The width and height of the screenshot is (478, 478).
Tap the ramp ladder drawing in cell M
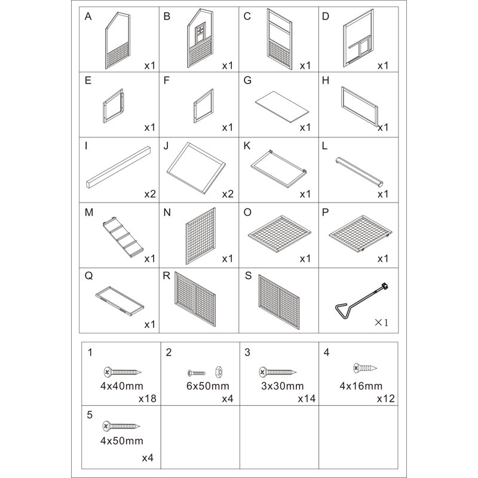[123, 237]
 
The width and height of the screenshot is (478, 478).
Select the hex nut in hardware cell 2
[219, 372]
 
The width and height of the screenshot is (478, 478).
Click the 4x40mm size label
[122, 386]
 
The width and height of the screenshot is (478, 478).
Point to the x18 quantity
[147, 399]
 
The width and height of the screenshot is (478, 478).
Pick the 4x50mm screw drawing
[121, 426]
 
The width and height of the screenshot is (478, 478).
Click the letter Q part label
[88, 276]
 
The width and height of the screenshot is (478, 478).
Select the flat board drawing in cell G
[282, 107]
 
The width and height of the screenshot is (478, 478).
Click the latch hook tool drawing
[361, 301]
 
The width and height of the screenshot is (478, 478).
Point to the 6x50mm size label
[207, 386]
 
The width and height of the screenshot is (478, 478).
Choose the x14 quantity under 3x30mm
[307, 399]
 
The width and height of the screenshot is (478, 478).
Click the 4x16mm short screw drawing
[365, 368]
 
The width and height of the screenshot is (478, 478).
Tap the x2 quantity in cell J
[228, 194]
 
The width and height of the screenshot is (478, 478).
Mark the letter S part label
[248, 275]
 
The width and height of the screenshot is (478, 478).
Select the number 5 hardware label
[90, 415]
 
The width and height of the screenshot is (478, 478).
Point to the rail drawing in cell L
[359, 172]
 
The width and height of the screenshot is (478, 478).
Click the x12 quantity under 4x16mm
[385, 399]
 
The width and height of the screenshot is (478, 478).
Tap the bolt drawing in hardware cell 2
[197, 373]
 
